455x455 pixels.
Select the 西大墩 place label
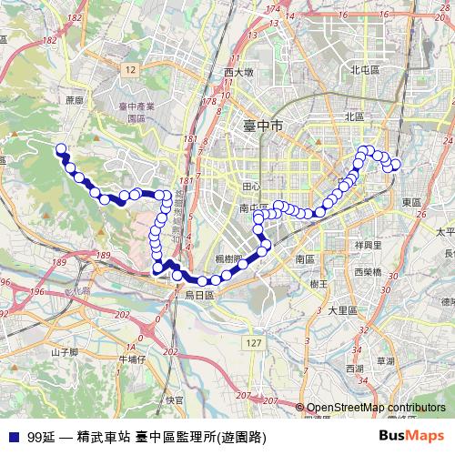click(x=238, y=72)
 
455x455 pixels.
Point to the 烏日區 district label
click(x=198, y=295)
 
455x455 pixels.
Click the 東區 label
click(x=410, y=201)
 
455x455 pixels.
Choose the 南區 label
click(x=305, y=259)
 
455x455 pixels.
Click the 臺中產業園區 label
click(x=133, y=113)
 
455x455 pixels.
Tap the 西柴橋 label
click(x=368, y=272)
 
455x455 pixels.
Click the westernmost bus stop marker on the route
click(x=61, y=148)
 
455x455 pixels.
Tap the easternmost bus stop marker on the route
click(x=395, y=164)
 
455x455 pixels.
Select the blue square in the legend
click(x=13, y=436)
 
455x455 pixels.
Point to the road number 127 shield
click(x=255, y=341)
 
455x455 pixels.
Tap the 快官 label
click(x=176, y=399)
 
